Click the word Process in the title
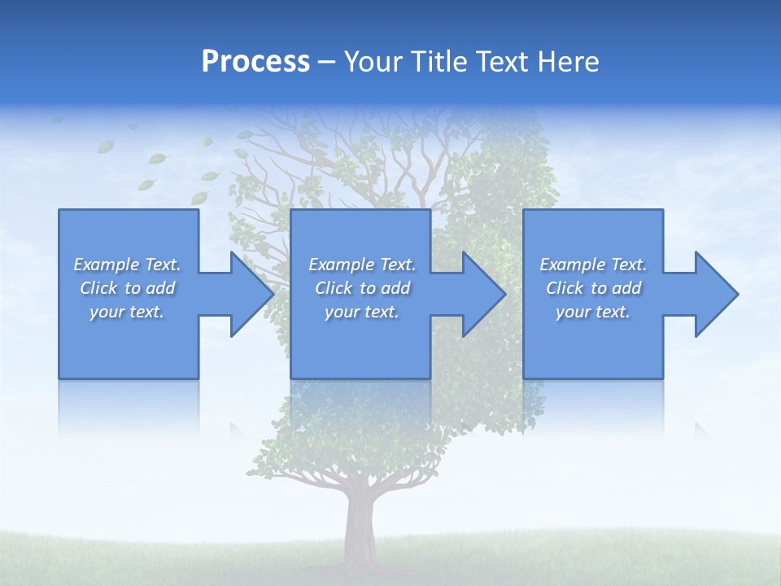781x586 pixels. pyautogui.click(x=255, y=62)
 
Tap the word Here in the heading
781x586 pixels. pyautogui.click(x=567, y=62)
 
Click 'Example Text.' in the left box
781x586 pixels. pyautogui.click(x=128, y=265)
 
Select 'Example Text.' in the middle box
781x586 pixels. pyautogui.click(x=362, y=265)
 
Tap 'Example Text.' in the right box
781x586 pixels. pyautogui.click(x=593, y=265)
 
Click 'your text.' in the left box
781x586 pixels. pyautogui.click(x=128, y=312)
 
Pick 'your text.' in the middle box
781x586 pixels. pyautogui.click(x=362, y=312)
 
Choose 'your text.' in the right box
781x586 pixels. pyautogui.click(x=593, y=312)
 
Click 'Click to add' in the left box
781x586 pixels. pyautogui.click(x=128, y=288)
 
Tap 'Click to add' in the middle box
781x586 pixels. pyautogui.click(x=362, y=288)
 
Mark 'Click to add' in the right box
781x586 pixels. pyautogui.click(x=593, y=288)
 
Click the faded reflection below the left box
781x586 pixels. pyautogui.click(x=129, y=407)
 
